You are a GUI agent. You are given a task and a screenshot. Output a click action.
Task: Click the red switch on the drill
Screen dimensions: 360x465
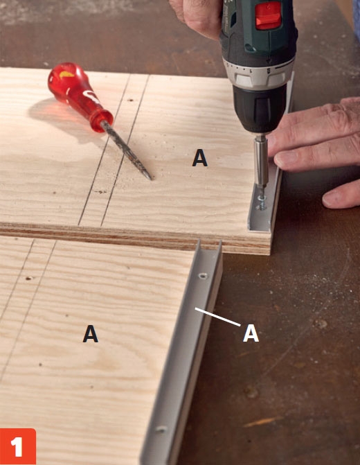(268, 16)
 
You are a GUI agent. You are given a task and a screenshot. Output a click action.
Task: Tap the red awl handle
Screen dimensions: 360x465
(80, 96)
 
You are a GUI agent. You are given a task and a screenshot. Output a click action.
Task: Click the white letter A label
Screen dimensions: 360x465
(251, 333)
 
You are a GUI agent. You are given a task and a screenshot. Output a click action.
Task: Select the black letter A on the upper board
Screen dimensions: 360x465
(199, 157)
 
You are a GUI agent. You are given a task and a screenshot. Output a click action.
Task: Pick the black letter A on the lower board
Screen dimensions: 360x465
(91, 333)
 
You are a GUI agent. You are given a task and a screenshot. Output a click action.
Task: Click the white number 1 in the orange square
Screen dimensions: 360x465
(17, 447)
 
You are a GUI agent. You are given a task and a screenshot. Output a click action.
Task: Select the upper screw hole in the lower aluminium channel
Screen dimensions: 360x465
(203, 276)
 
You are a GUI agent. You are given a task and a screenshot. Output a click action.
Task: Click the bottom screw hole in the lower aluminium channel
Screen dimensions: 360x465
(161, 429)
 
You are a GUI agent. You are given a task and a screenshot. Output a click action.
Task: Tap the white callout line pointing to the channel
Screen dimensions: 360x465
(218, 317)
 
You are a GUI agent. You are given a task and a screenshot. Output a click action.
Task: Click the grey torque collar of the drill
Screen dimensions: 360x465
(258, 73)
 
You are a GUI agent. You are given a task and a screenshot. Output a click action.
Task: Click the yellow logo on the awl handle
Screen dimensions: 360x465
(66, 74)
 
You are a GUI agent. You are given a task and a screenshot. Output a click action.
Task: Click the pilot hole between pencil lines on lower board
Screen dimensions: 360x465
(29, 278)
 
